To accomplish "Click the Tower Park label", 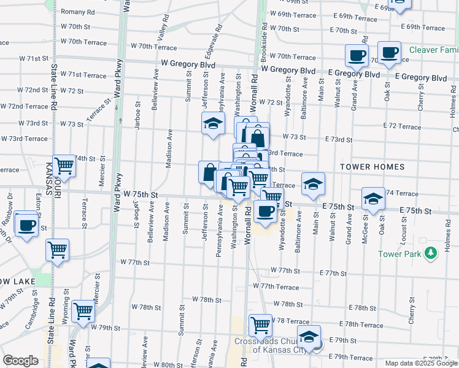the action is (x=399, y=254).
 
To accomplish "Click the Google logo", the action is (x=20, y=361).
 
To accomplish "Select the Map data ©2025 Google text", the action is (x=421, y=363).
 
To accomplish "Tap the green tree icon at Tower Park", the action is (x=431, y=252).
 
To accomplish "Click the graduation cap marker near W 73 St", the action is (x=213, y=124).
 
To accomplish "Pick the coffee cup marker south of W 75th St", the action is (x=265, y=212).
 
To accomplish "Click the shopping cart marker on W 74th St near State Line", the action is (x=64, y=165).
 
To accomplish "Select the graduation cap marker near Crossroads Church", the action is (x=309, y=335).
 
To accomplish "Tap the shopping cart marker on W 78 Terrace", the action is (x=260, y=324).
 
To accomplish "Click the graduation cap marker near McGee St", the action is (x=372, y=198).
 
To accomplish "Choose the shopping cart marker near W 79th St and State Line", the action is (x=83, y=311).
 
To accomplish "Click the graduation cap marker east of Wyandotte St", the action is (x=312, y=183).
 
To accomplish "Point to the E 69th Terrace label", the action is (x=423, y=28).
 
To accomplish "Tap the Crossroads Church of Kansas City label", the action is (x=270, y=345).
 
